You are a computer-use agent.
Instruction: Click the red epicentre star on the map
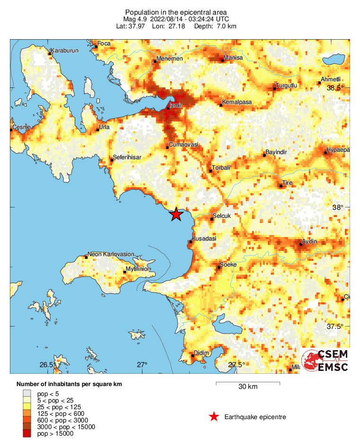point(176,214)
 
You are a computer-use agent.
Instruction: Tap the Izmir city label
point(175,105)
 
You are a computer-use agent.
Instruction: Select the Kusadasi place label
point(204,239)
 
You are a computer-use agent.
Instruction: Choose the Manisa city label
point(233,58)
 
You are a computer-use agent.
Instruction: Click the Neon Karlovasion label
point(111,254)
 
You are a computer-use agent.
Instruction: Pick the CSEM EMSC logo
point(326,361)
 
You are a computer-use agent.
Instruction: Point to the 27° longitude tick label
point(142,365)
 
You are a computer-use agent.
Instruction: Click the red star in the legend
point(214,416)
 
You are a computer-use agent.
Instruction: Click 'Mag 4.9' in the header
point(133,19)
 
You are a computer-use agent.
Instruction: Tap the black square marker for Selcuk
point(212,219)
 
